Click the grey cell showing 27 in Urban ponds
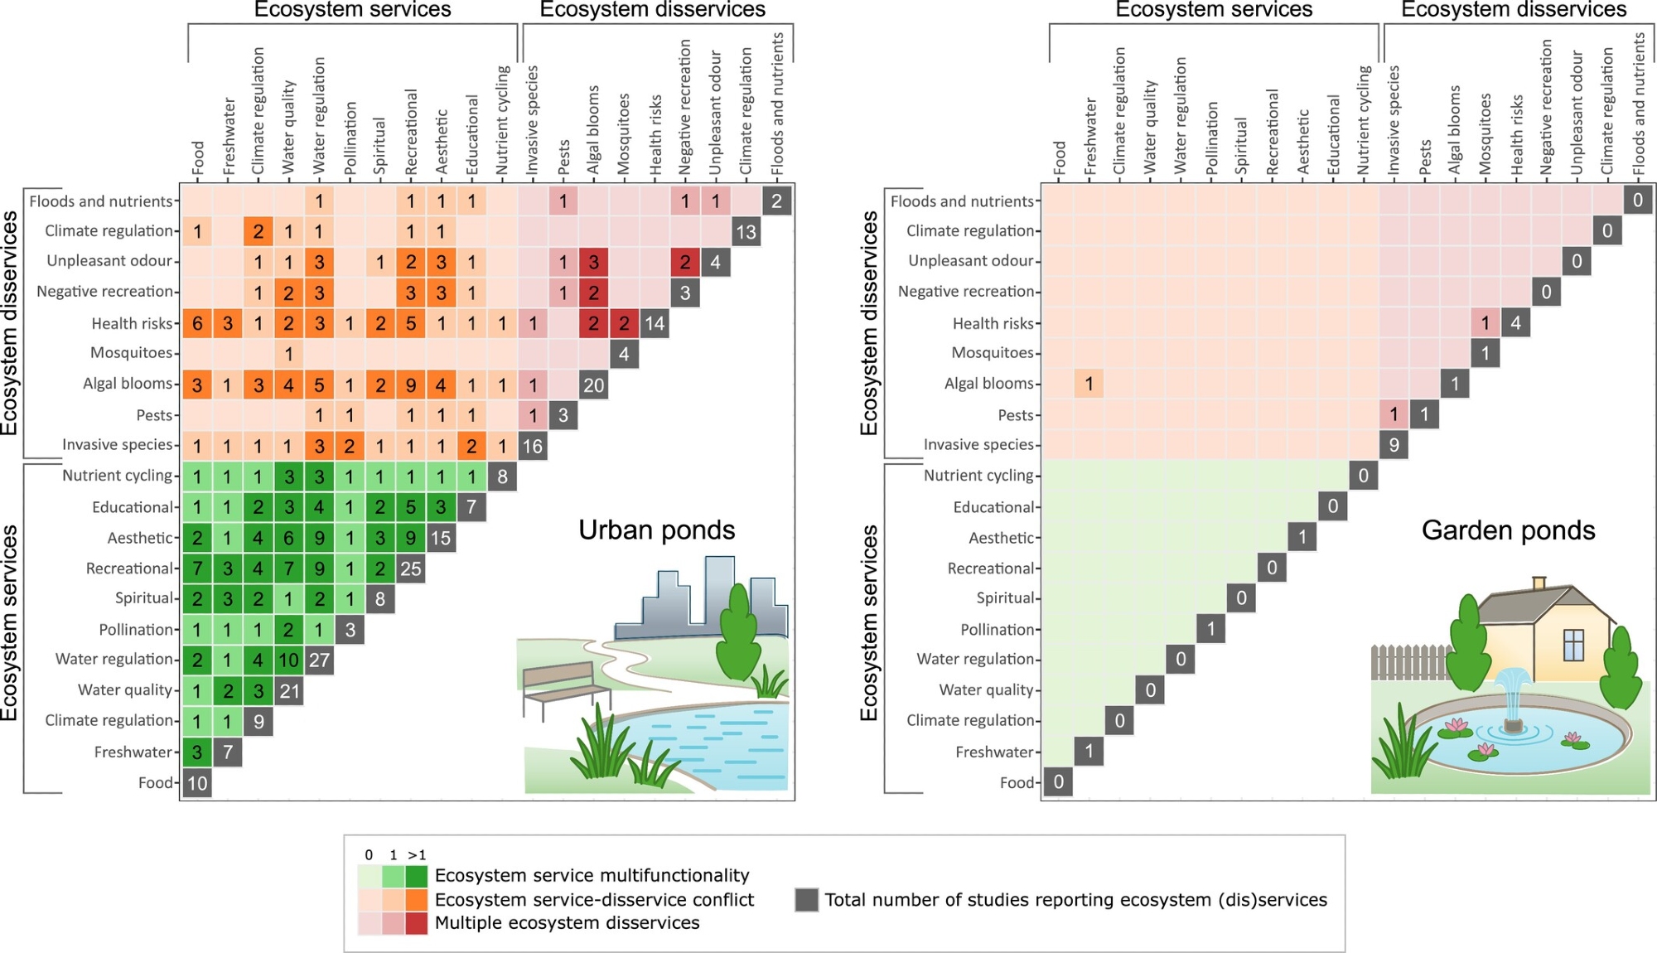click(319, 660)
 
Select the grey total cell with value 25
click(411, 568)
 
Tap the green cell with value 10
click(288, 660)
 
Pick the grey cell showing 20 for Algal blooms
click(593, 385)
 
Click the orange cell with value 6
click(197, 323)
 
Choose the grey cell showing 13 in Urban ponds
click(746, 232)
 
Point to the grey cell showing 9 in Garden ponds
click(1394, 446)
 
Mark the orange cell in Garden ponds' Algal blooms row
click(1089, 385)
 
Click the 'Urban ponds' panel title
click(656, 530)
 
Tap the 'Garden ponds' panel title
click(1508, 530)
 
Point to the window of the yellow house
click(1572, 645)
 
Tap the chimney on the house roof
click(1539, 583)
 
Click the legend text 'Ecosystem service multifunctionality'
click(592, 876)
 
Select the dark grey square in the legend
click(806, 900)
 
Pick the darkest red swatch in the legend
click(417, 923)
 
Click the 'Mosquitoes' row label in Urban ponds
click(131, 353)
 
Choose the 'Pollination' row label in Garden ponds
click(997, 630)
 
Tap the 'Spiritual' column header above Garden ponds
click(1241, 145)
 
